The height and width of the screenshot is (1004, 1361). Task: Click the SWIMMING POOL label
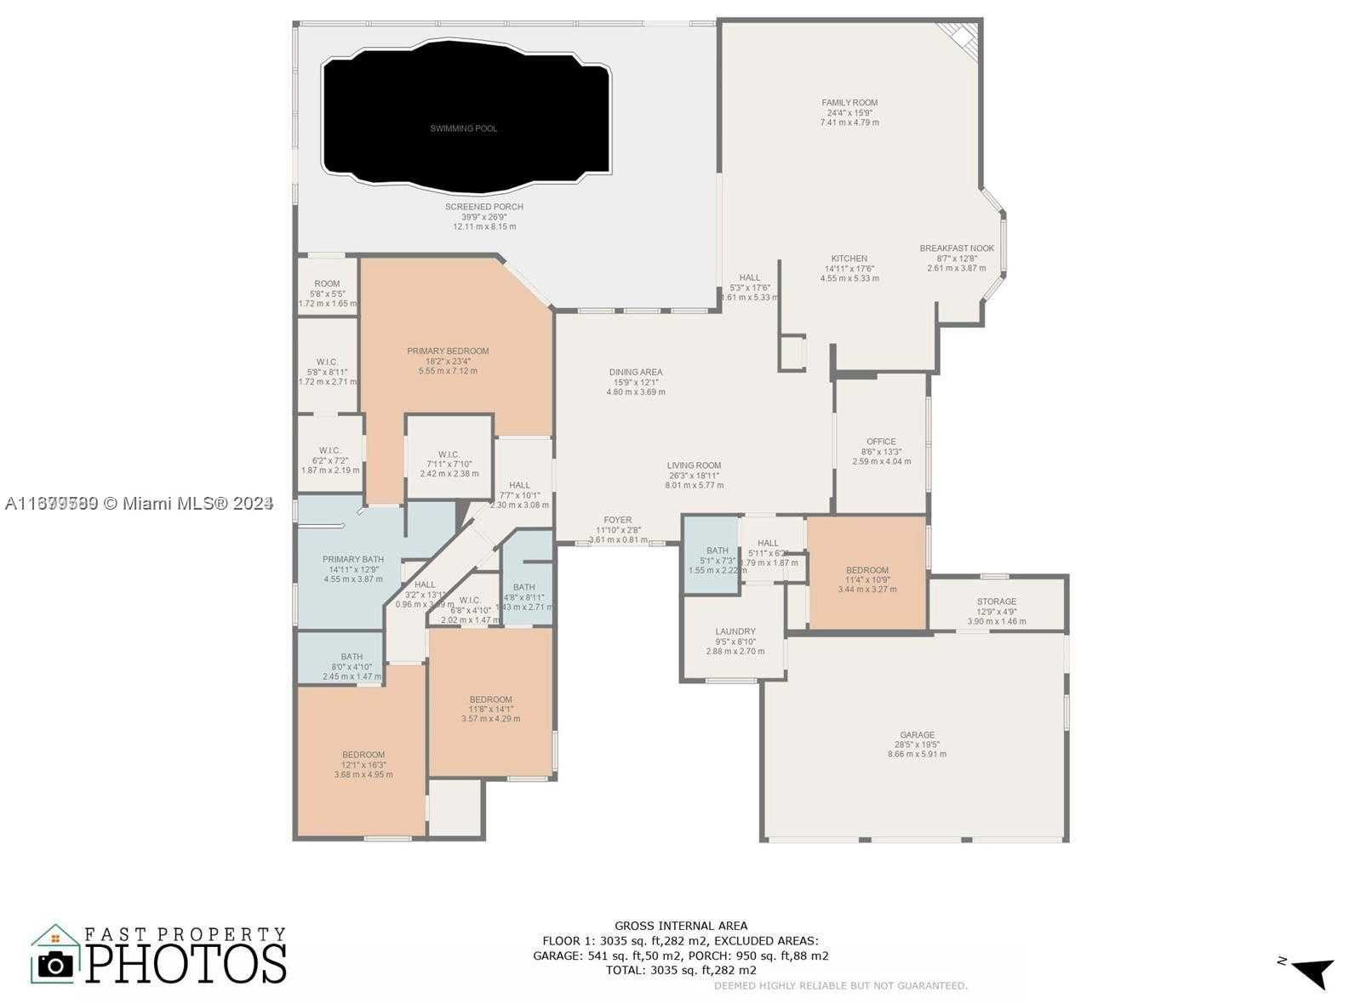463,128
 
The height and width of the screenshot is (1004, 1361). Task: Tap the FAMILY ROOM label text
849,103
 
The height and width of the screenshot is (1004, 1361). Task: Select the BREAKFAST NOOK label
956,248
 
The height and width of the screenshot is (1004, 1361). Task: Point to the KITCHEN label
849,259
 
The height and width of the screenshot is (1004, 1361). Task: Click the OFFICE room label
881,442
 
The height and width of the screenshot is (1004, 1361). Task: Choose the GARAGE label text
917,735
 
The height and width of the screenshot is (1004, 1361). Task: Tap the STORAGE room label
996,602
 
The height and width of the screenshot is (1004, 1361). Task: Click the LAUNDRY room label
735,632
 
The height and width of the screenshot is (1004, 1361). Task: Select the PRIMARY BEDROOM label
448,351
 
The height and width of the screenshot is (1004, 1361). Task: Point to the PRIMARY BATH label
352,560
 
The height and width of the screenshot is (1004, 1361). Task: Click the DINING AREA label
635,373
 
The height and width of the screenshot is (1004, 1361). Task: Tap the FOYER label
617,520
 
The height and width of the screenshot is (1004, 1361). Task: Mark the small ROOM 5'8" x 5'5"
327,284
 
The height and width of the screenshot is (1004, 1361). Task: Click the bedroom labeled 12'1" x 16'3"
363,755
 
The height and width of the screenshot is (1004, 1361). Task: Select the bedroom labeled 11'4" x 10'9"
866,571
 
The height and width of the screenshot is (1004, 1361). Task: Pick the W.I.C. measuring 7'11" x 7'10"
449,454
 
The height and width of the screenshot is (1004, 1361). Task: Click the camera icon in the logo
56,963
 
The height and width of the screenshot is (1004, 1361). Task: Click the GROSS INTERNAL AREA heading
680,926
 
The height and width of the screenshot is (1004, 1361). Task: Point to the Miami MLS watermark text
138,504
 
